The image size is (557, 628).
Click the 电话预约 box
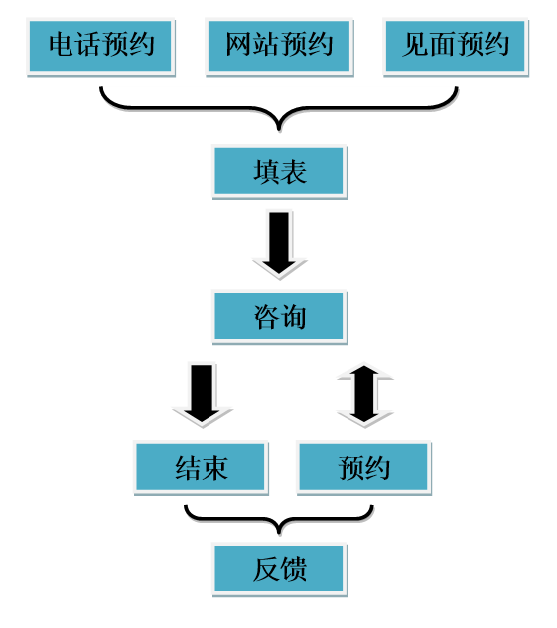pyautogui.click(x=100, y=46)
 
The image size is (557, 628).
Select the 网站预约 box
pyautogui.click(x=279, y=46)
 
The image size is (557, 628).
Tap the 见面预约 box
pyautogui.click(x=456, y=46)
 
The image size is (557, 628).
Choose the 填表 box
pyautogui.click(x=279, y=172)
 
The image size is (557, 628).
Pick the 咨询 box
pyautogui.click(x=279, y=317)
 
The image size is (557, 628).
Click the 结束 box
pyautogui.click(x=201, y=467)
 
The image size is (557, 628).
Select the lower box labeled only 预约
pyautogui.click(x=363, y=467)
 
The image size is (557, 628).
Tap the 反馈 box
pyautogui.click(x=279, y=569)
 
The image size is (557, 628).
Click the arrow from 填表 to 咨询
pyautogui.click(x=279, y=244)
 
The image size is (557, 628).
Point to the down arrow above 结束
pyautogui.click(x=203, y=394)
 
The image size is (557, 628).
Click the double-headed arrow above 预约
pyautogui.click(x=364, y=394)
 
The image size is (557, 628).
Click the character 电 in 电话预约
pyautogui.click(x=62, y=44)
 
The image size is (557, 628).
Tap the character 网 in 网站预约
pyautogui.click(x=239, y=44)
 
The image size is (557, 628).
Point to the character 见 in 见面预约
pyautogui.click(x=415, y=44)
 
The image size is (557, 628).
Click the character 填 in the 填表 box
pyautogui.click(x=266, y=172)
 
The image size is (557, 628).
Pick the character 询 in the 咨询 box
pyautogui.click(x=293, y=317)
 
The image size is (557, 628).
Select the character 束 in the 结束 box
pyautogui.click(x=214, y=468)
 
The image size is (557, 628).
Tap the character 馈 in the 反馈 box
pyautogui.click(x=293, y=569)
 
